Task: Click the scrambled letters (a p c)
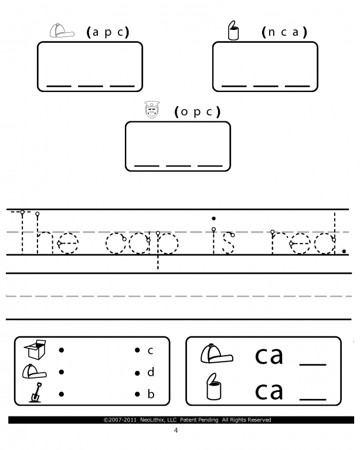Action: pos(108,32)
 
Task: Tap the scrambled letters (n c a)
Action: pos(284,32)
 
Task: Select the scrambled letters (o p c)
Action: pos(197,112)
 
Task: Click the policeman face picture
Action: pos(152,110)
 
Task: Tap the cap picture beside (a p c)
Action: pos(62,30)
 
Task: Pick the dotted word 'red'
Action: pos(304,234)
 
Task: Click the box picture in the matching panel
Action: pos(35,350)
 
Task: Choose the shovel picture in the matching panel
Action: pos(36,393)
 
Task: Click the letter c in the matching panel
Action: pos(151,350)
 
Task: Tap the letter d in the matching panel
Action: pos(151,372)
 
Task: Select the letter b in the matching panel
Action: pos(151,394)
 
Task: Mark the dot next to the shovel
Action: pos(61,394)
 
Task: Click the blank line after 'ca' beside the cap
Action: pos(313,364)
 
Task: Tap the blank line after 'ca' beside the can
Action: pos(313,399)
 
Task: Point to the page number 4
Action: pos(176,430)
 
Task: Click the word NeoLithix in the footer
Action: pos(152,420)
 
